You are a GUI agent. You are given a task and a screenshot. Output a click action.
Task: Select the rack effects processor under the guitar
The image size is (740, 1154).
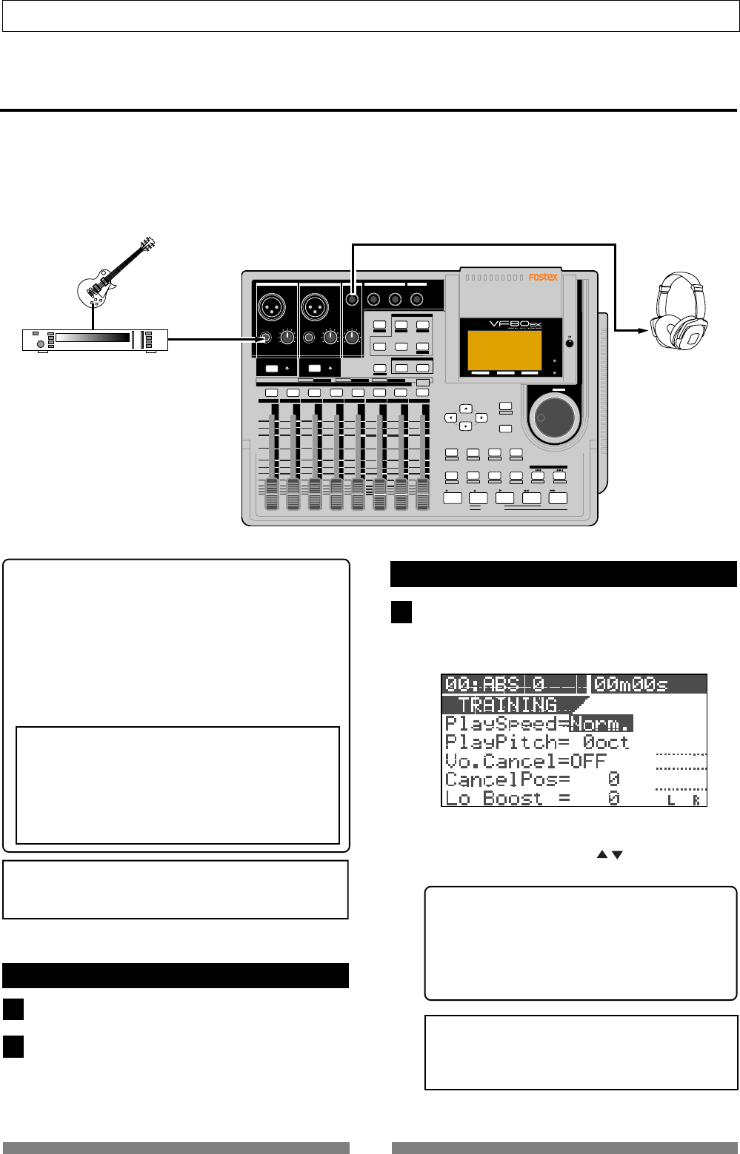tap(93, 340)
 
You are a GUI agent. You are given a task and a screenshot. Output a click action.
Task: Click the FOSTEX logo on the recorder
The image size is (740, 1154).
tap(543, 278)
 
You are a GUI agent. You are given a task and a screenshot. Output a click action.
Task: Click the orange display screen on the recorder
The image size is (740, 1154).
tap(503, 350)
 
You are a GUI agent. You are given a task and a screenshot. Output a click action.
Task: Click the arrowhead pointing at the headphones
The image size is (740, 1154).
tap(641, 332)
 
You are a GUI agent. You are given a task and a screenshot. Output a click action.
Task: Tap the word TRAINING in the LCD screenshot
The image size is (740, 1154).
tap(508, 705)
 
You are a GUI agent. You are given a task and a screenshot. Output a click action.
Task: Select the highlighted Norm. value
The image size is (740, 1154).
tap(601, 723)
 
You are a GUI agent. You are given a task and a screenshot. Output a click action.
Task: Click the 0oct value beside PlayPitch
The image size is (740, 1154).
tap(605, 742)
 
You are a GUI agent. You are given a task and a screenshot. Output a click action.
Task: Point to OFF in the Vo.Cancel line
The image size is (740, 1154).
tap(588, 761)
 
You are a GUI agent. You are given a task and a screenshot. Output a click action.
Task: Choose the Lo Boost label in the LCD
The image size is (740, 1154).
tap(501, 799)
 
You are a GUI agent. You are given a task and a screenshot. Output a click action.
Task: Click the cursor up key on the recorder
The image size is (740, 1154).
tap(465, 409)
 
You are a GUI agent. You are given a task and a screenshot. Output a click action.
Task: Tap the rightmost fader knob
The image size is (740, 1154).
tap(422, 494)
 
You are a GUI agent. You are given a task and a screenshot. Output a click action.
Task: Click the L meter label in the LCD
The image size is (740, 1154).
tap(671, 800)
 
